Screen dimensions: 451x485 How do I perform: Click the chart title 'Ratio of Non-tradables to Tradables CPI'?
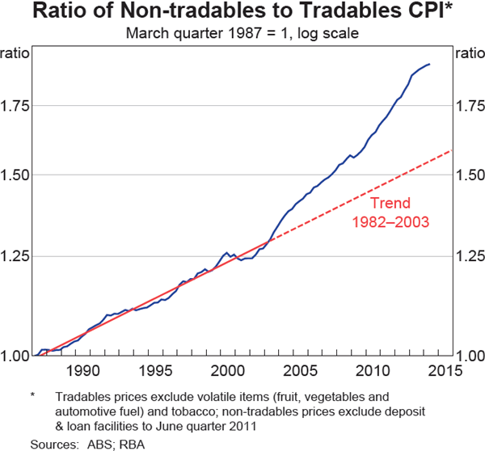(x=242, y=13)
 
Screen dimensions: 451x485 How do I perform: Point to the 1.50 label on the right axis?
(x=469, y=175)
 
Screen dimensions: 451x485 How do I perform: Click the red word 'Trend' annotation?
(x=390, y=204)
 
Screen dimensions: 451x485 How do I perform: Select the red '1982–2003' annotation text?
(x=390, y=221)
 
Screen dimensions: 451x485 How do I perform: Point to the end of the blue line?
(x=429, y=64)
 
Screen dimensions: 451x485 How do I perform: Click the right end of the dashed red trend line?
(x=451, y=150)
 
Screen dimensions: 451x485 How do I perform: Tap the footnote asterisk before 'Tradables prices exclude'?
(x=34, y=396)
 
